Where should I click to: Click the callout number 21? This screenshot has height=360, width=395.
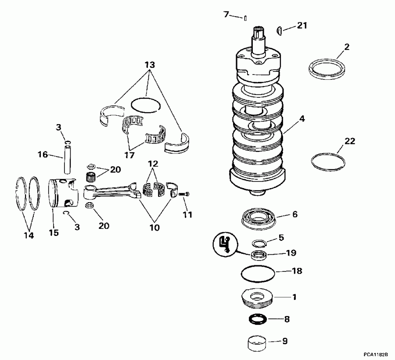click(x=302, y=26)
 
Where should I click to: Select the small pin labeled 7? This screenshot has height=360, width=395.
click(x=247, y=18)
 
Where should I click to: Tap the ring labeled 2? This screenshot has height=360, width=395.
click(x=327, y=69)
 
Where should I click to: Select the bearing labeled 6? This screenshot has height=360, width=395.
click(x=259, y=218)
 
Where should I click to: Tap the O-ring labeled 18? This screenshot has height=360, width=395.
click(x=258, y=274)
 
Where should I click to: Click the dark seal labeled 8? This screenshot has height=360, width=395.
click(x=258, y=320)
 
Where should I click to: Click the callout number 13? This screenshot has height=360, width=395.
click(x=150, y=65)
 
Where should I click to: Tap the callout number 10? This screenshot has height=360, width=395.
click(x=154, y=228)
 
